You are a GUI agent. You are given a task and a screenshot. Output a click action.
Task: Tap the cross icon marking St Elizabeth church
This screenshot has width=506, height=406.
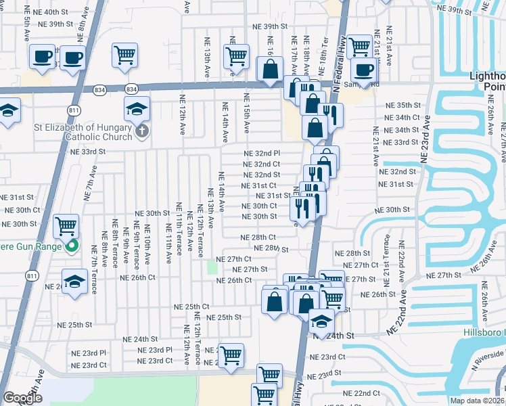[142, 130]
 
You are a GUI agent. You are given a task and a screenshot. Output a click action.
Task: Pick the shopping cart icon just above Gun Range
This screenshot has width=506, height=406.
[66, 227]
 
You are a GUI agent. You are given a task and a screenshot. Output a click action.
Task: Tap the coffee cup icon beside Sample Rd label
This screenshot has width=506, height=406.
[364, 70]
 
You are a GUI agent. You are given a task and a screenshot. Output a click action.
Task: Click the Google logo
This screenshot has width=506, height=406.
[22, 398]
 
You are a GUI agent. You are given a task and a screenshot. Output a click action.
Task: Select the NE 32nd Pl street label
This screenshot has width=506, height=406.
[262, 154]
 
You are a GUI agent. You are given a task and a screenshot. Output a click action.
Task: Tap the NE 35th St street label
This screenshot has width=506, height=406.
[402, 106]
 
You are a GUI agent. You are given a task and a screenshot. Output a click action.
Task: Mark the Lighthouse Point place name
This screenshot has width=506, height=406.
[487, 81]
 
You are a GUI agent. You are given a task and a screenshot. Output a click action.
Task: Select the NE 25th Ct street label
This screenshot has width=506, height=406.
[191, 305]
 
